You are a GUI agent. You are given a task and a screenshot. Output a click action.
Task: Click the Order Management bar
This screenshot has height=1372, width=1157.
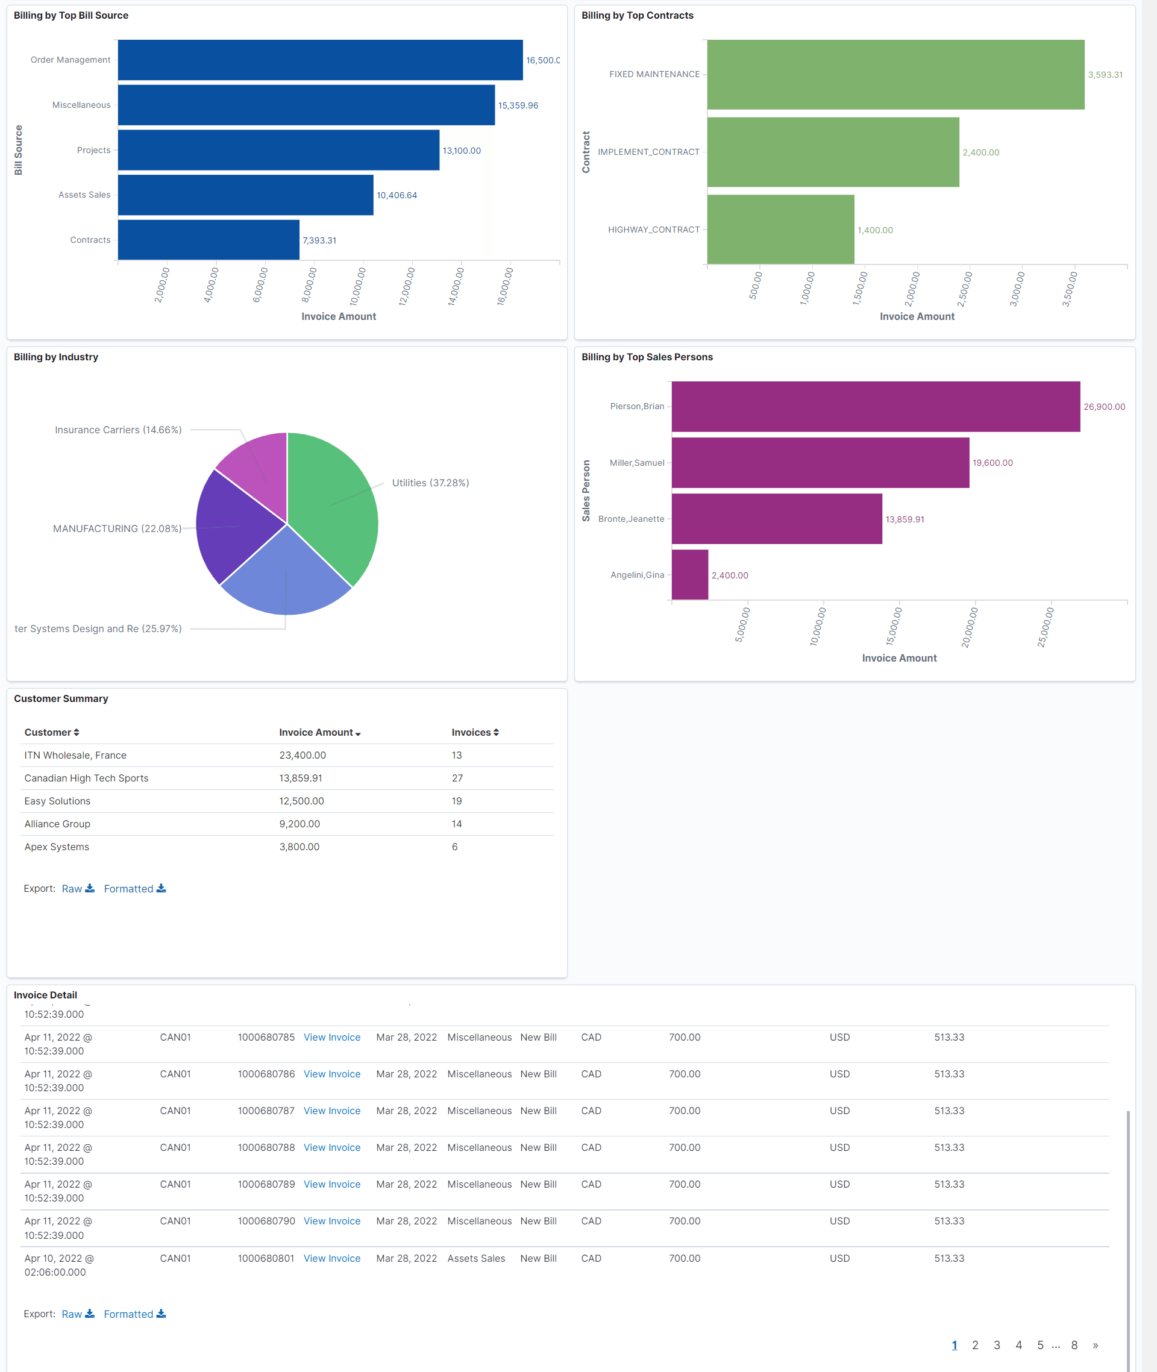320,60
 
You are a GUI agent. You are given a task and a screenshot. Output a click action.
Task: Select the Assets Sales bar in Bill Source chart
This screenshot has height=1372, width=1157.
245,195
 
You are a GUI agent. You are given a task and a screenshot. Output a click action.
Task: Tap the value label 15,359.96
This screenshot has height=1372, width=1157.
518,105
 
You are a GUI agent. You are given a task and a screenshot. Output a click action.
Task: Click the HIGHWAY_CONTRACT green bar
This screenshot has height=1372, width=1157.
780,230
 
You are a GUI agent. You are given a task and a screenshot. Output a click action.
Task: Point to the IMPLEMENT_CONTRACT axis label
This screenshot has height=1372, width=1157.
648,152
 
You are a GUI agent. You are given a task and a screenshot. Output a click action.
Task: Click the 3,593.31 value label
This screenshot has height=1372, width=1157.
1105,75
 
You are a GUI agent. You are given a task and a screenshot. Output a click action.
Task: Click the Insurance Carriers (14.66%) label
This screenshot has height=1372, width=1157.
118,430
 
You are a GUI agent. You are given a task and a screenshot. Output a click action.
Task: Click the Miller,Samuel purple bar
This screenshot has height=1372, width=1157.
820,463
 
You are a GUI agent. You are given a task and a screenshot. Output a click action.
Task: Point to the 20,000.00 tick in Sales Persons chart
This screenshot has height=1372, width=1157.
970,627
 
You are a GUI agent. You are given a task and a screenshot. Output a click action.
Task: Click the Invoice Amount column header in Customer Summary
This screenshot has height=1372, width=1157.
316,733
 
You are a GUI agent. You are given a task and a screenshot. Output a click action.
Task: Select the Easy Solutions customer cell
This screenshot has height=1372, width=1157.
58,801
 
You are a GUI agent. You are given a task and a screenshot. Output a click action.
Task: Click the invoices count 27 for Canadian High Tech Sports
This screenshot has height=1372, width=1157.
457,778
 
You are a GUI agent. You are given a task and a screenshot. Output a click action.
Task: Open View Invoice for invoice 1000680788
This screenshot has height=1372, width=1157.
332,1148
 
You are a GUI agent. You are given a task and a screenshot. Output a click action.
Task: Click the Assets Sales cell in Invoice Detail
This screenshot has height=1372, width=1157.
476,1259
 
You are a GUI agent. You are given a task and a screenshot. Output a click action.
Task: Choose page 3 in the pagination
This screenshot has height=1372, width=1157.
996,1345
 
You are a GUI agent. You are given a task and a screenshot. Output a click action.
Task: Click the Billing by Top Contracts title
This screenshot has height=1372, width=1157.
637,16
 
